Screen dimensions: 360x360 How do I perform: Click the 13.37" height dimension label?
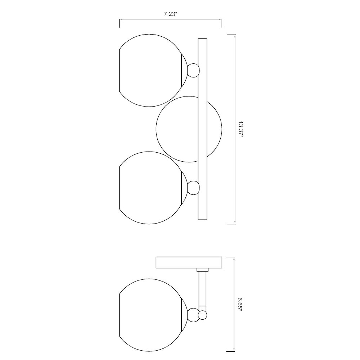click(241, 129)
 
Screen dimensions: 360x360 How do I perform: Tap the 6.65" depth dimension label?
click(240, 304)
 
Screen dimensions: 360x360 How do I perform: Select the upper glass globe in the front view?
click(149, 71)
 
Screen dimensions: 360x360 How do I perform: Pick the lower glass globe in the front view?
click(149, 188)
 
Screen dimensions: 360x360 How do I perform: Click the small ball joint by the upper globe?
click(194, 70)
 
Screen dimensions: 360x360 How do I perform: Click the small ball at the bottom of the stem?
click(203, 315)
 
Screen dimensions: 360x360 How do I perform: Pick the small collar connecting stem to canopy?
click(202, 270)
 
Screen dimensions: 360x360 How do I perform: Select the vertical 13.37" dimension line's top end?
click(235, 34)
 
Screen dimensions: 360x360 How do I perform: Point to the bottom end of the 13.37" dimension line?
click(235, 224)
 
